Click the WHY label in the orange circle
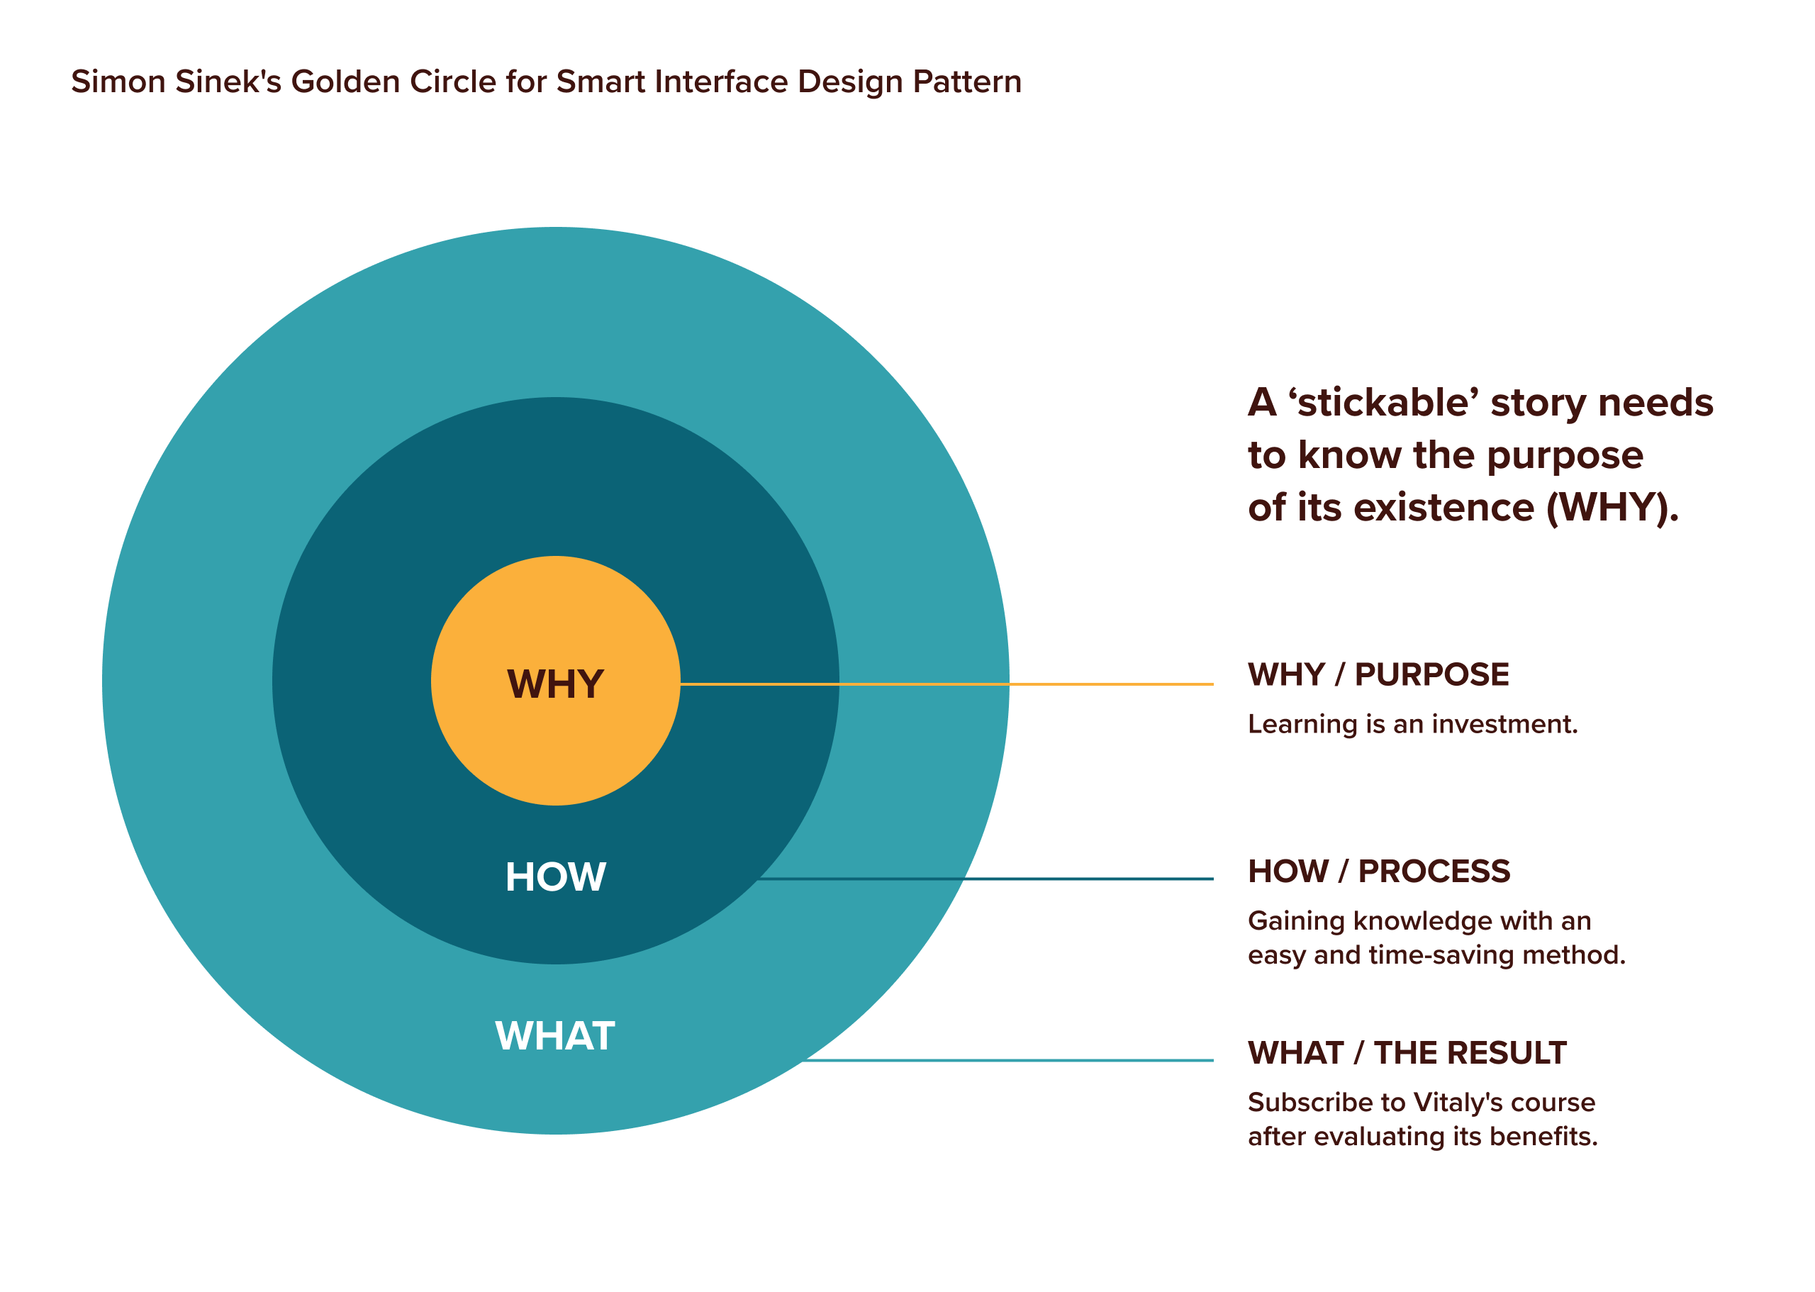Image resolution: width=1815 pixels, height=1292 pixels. tap(555, 684)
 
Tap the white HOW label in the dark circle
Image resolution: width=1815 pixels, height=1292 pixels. tap(555, 876)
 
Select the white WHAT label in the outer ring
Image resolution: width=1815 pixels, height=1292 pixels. tap(554, 1036)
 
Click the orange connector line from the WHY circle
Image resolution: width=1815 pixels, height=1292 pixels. tap(946, 684)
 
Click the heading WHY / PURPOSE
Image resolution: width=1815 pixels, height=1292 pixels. tap(1378, 674)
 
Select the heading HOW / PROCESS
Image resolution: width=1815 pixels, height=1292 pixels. tap(1378, 871)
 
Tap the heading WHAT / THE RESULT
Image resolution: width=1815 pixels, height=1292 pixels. tap(1406, 1052)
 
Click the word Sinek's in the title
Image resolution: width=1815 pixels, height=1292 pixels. tap(228, 82)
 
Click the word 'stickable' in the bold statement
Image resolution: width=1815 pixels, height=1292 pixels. tap(1383, 403)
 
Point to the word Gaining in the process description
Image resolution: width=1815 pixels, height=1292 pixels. tap(1297, 921)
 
